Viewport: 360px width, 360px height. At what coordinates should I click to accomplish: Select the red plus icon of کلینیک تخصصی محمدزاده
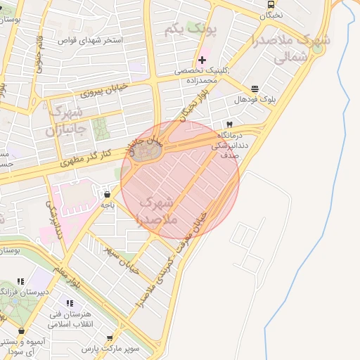[202, 60]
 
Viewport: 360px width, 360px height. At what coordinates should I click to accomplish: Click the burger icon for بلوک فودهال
[254, 89]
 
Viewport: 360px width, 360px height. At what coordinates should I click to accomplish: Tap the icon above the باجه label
[107, 194]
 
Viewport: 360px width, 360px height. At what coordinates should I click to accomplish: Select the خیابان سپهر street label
[123, 259]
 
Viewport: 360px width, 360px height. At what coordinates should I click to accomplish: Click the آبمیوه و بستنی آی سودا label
[22, 345]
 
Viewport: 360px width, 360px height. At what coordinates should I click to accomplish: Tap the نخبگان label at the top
[272, 15]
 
